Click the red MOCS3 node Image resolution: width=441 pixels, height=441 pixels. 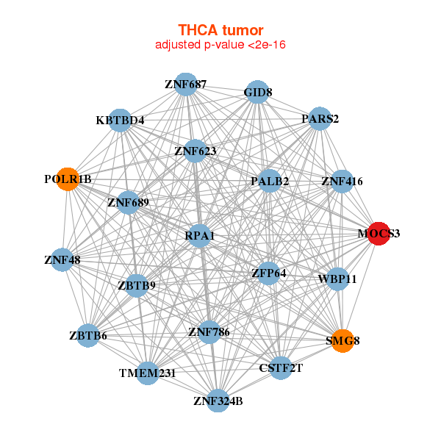coord(378,234)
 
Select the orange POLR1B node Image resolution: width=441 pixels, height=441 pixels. coord(68,179)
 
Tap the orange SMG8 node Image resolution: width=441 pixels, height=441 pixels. coord(342,341)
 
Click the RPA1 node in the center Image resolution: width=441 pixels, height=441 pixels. coord(201,236)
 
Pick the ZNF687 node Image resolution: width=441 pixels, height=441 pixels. coord(186,85)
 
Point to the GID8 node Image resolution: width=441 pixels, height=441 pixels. coord(257,93)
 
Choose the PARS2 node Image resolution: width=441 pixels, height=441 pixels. coord(319,118)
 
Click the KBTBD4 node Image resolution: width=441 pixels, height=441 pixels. coord(121,120)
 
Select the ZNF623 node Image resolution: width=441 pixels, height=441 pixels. coord(195,152)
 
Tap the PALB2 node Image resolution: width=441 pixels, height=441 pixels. coord(270,181)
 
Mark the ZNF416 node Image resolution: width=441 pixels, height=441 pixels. coord(342,181)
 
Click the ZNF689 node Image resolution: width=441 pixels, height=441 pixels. coord(128,202)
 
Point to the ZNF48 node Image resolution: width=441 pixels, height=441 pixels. coord(62,259)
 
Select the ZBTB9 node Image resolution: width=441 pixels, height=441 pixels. coord(137,285)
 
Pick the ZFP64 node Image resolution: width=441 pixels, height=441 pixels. coord(268,273)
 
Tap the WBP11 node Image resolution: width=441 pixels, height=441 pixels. coord(337,279)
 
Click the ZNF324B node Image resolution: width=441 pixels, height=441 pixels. coord(218,401)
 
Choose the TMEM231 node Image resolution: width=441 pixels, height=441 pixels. coord(148,373)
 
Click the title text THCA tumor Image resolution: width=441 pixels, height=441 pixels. coord(220,30)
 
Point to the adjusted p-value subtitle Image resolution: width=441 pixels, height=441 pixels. coord(220,45)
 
